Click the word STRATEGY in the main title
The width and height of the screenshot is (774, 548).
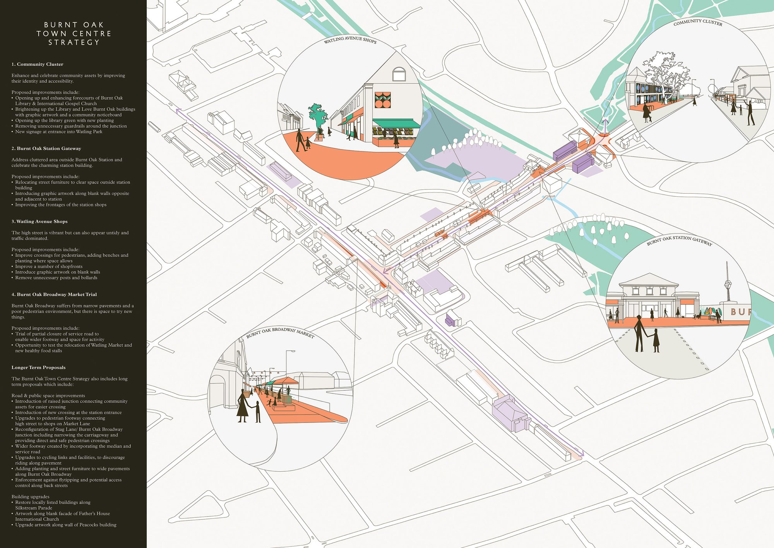click(74, 42)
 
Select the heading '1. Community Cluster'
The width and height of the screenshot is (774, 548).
click(37, 64)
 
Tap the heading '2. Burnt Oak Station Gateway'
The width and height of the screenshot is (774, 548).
click(46, 148)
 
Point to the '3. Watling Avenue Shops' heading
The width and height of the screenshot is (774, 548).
click(39, 222)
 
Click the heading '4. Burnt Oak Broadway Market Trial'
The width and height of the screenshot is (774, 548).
click(54, 294)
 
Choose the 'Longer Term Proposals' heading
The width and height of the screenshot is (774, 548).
click(38, 368)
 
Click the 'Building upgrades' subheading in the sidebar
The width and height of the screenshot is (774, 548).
click(31, 496)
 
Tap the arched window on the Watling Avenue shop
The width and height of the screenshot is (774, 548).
click(399, 74)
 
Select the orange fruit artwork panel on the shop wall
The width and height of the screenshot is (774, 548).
click(383, 100)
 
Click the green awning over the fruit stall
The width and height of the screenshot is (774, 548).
click(396, 124)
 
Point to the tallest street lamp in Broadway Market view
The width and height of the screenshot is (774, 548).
click(287, 364)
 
